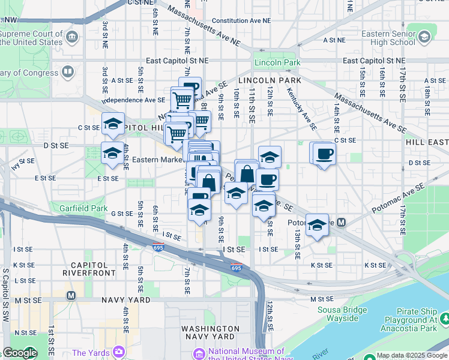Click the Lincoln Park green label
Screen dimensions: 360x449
[x=277, y=62]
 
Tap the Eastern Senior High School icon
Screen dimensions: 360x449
[x=425, y=37]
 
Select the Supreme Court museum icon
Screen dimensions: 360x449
[x=73, y=38]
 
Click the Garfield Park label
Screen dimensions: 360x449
[x=83, y=209]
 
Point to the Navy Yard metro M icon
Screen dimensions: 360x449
[x=71, y=295]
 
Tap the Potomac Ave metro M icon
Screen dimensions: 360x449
[x=341, y=223]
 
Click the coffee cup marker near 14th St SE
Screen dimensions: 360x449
[x=324, y=154]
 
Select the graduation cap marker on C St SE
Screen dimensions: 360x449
[x=112, y=124]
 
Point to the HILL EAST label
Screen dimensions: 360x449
[x=427, y=142]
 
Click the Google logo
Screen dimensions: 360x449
[x=19, y=353]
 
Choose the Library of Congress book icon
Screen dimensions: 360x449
[x=68, y=73]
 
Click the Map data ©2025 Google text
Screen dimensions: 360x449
[x=411, y=355]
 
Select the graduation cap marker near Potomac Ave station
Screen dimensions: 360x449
[x=317, y=224]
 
